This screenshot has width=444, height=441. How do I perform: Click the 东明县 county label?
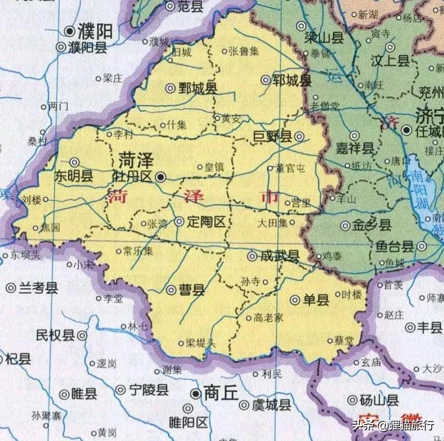[x=73, y=175]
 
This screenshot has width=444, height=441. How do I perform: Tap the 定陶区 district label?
[x=207, y=222]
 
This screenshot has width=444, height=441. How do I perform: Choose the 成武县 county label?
[x=280, y=256]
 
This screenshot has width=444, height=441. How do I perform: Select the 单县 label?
[x=316, y=300]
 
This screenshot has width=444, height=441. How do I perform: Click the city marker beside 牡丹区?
[x=160, y=177]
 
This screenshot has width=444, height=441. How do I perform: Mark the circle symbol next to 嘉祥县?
[x=355, y=136]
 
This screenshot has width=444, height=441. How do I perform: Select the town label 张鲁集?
[x=243, y=51]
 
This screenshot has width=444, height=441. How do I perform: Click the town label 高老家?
[x=268, y=318]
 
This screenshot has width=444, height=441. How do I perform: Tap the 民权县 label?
[x=55, y=336]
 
